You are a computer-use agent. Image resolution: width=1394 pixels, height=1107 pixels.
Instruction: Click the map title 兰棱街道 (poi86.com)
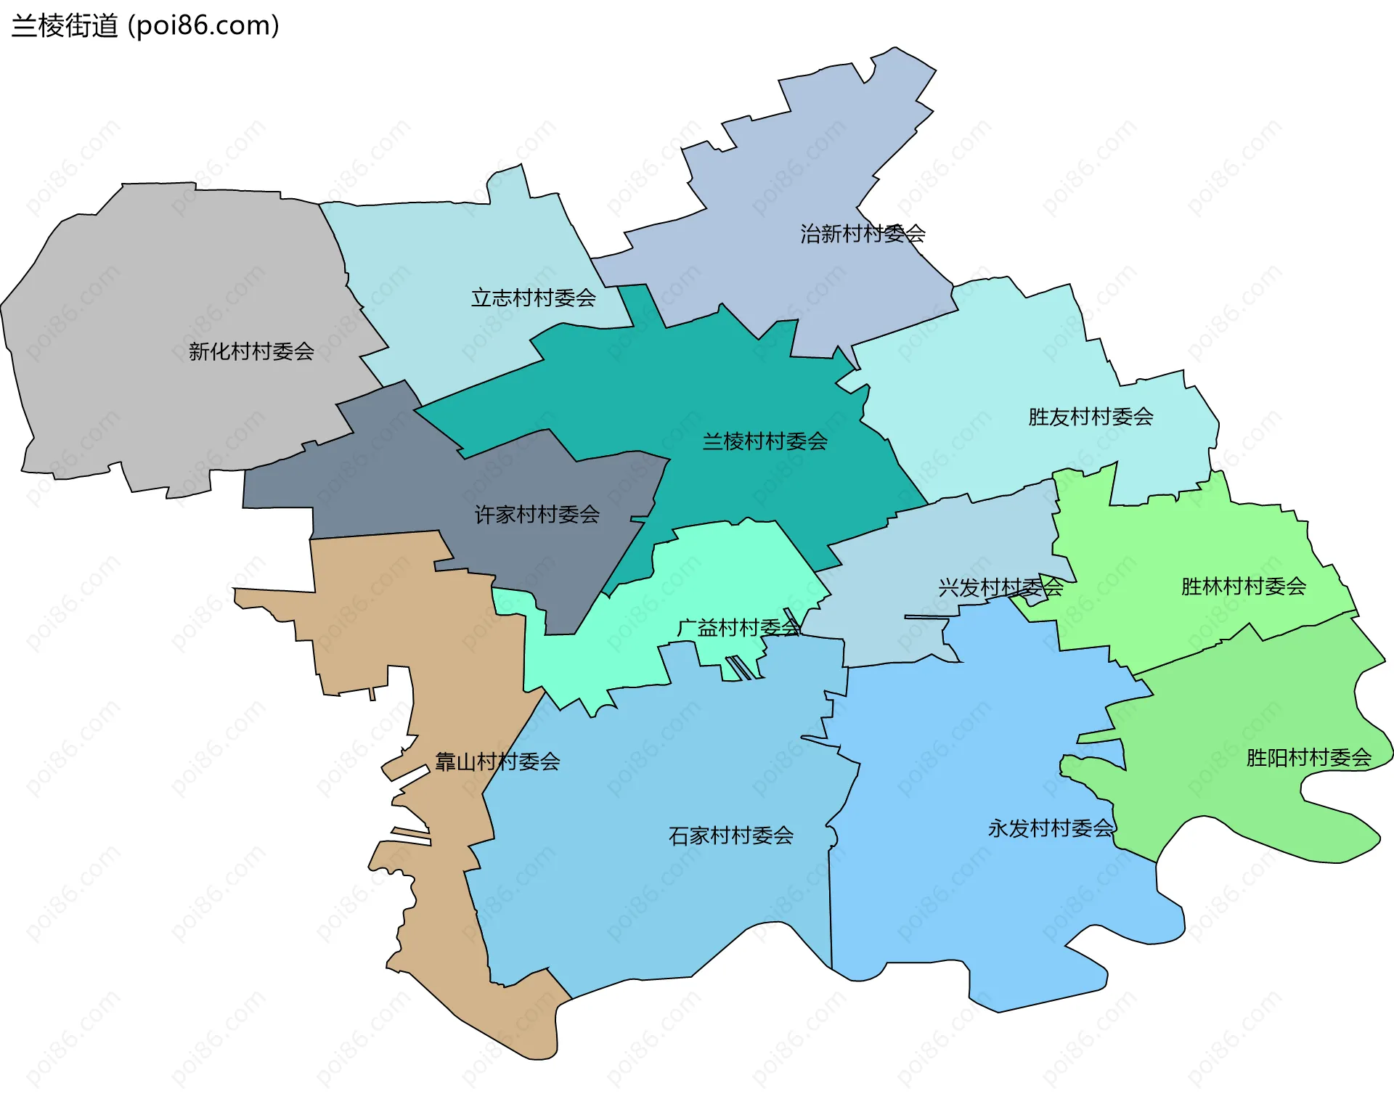pyautogui.click(x=145, y=26)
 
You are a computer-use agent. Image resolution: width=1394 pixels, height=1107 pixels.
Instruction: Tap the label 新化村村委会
pyautogui.click(x=251, y=351)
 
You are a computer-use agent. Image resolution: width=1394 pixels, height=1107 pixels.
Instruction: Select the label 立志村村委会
pyautogui.click(x=534, y=298)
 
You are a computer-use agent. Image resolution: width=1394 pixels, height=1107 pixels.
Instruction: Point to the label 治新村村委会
pyautogui.click(x=863, y=234)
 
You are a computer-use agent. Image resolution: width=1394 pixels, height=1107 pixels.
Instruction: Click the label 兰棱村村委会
pyautogui.click(x=765, y=441)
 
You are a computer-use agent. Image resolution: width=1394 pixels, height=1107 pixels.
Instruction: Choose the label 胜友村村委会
pyautogui.click(x=1091, y=417)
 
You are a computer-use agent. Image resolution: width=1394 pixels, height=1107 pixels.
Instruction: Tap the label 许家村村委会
pyautogui.click(x=537, y=515)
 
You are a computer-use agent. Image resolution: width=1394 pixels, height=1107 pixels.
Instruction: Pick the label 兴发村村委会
pyautogui.click(x=1000, y=587)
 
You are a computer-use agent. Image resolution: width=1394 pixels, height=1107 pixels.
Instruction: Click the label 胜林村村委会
pyautogui.click(x=1243, y=586)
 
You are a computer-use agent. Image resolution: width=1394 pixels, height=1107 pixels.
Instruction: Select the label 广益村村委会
pyautogui.click(x=738, y=628)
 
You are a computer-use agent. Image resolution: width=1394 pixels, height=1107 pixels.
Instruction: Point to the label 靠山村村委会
pyautogui.click(x=497, y=761)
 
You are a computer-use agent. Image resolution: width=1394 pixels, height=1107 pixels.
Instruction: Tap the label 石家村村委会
pyautogui.click(x=730, y=836)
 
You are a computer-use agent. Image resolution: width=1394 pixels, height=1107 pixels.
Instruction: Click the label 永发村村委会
pyautogui.click(x=1051, y=828)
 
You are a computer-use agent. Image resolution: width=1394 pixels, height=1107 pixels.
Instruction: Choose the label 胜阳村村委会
pyautogui.click(x=1308, y=758)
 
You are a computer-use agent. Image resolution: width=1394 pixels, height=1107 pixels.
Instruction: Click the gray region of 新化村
pyautogui.click(x=145, y=290)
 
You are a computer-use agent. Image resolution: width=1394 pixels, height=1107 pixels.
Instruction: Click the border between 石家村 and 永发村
pyautogui.click(x=830, y=907)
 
